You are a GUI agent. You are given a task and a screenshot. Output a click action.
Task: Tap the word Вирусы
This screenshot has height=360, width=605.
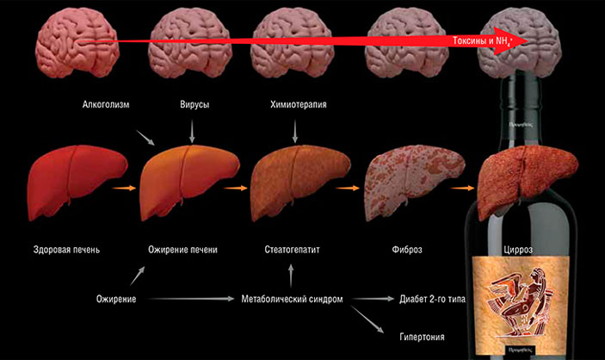(193, 105)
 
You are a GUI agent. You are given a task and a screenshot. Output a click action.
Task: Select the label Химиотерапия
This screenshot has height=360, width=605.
(298, 105)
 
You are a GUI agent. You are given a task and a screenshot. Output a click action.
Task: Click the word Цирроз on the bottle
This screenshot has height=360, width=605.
(517, 250)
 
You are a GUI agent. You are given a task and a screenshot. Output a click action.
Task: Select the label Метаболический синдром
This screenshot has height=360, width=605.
(292, 300)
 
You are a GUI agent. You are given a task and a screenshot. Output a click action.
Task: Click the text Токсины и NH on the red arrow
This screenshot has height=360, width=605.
(483, 40)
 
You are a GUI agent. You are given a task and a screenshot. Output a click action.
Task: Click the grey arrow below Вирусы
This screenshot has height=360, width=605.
(192, 130)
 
